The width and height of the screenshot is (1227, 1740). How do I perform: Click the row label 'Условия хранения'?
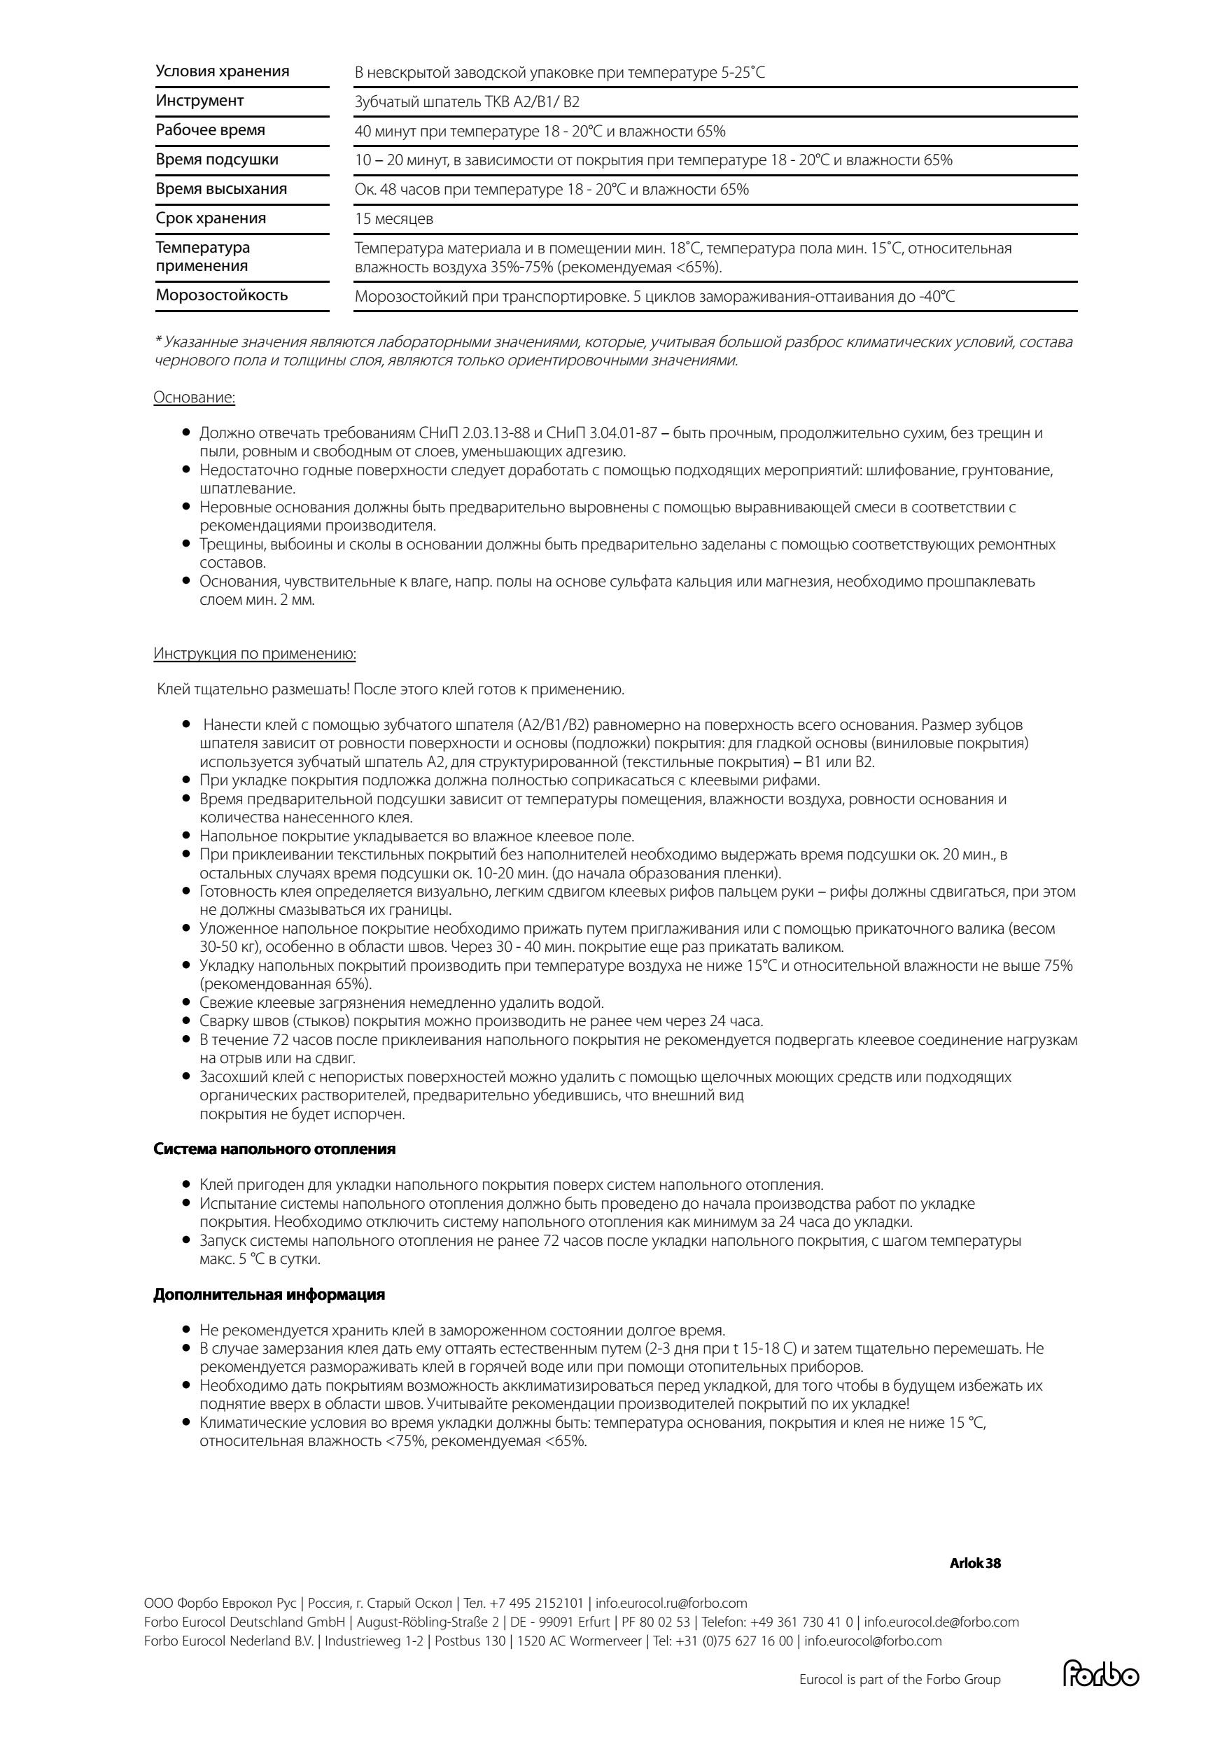(x=222, y=71)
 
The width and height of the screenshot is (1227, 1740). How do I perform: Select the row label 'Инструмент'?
(x=199, y=101)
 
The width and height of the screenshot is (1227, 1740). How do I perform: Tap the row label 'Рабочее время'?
(x=210, y=130)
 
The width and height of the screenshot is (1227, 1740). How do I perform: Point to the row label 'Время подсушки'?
(x=217, y=160)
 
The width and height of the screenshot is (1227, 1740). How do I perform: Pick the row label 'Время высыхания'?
(x=221, y=190)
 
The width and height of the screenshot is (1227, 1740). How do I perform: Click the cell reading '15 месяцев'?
(x=393, y=220)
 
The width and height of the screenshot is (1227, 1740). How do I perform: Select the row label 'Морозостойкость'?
(x=221, y=295)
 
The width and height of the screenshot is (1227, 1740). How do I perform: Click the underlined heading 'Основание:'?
(x=194, y=398)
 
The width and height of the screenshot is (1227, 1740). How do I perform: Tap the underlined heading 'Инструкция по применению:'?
(x=255, y=653)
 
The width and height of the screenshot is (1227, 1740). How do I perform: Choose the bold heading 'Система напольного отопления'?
(x=274, y=1149)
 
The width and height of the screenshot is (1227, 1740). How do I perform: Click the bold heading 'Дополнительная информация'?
(x=269, y=1295)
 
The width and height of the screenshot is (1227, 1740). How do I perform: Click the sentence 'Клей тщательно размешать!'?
(x=253, y=689)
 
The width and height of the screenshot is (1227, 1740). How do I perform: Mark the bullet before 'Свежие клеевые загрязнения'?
(x=185, y=1002)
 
